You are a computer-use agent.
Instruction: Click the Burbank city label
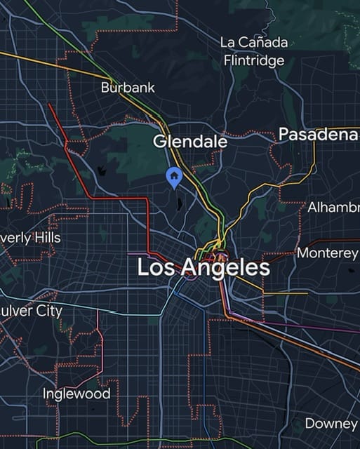[x=128, y=88]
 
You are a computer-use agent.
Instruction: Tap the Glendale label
[x=190, y=141]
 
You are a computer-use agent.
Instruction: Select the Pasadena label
[x=319, y=135]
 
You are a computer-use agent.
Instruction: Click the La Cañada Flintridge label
[x=253, y=51]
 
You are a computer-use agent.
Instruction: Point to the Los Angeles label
[x=204, y=267]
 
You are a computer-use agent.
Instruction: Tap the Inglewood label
[x=76, y=394]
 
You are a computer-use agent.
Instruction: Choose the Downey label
[x=331, y=424]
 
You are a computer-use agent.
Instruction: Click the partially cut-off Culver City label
[x=31, y=310]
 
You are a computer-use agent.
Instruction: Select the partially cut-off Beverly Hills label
[x=30, y=238]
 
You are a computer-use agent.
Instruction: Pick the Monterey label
[x=328, y=253]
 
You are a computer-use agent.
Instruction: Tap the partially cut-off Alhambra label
[x=333, y=207]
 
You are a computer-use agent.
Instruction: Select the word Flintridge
[x=254, y=60]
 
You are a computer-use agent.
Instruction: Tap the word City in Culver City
[x=49, y=310]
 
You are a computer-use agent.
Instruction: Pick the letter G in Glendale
[x=159, y=141]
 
